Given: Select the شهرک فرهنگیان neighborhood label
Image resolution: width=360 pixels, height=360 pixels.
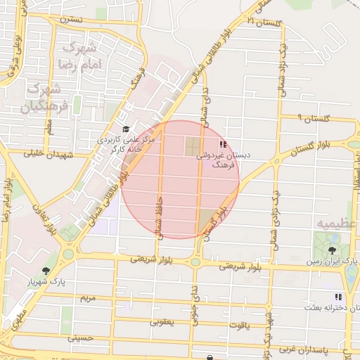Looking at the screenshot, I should pyautogui.click(x=44, y=98).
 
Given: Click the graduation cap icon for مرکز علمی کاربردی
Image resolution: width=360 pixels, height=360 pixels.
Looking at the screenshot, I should pyautogui.click(x=126, y=129).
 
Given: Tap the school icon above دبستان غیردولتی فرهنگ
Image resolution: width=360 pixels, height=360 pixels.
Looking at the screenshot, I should pyautogui.click(x=224, y=144).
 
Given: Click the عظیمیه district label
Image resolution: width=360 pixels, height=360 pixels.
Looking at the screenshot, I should pyautogui.click(x=337, y=223).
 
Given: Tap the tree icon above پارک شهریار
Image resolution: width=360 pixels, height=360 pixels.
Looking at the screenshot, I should pyautogui.click(x=46, y=271).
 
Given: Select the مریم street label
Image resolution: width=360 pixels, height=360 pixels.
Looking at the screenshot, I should pyautogui.click(x=87, y=298).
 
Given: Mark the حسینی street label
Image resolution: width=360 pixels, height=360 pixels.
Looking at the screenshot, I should pyautogui.click(x=79, y=338).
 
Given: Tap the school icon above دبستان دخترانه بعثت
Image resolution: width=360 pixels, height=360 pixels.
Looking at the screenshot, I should pyautogui.click(x=337, y=297).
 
